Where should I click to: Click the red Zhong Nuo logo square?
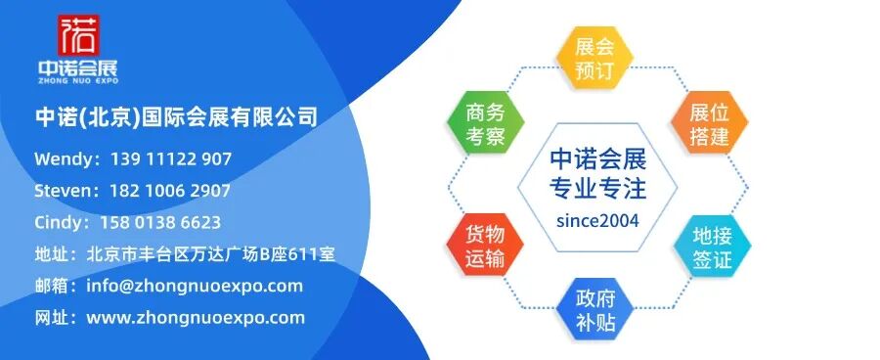[x=78, y=35]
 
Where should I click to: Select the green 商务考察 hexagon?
[x=485, y=123]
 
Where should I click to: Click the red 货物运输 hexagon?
[x=485, y=245]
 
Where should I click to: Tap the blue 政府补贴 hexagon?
[x=595, y=309]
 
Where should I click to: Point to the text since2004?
[x=597, y=221]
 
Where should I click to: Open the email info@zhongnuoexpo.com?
[x=195, y=286]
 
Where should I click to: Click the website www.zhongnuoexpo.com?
[x=196, y=317]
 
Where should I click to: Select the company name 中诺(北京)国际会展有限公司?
[x=176, y=117]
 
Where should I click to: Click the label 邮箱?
[x=52, y=286]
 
